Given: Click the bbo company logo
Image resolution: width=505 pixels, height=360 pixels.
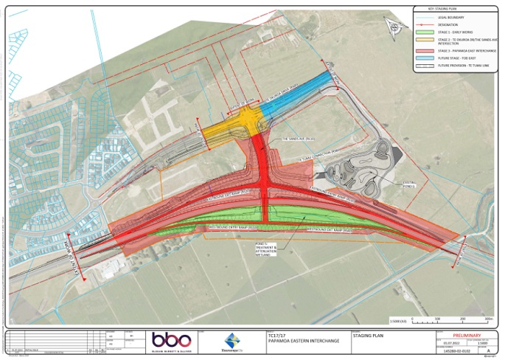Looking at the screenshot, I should click(x=171, y=341).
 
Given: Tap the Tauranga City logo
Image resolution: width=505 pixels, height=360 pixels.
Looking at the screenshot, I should click(x=233, y=341).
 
